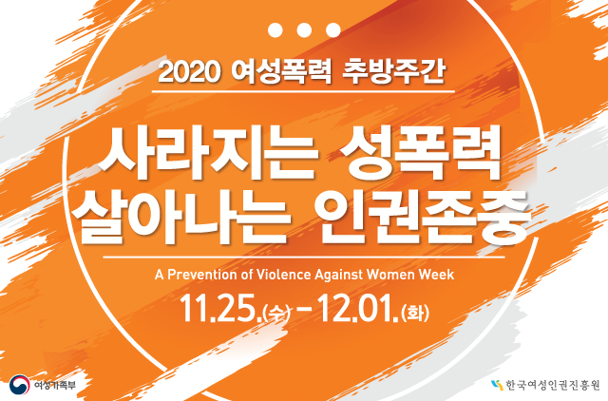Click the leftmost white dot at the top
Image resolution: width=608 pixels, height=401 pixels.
click(275, 29)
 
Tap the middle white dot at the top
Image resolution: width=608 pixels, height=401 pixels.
click(304, 29)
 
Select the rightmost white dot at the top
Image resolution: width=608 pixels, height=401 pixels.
click(333, 29)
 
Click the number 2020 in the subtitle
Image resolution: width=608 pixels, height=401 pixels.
click(189, 72)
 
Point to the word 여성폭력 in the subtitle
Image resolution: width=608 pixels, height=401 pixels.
click(281, 72)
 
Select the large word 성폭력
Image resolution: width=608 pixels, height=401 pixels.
click(421, 154)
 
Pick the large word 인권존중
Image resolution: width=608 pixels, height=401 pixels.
click(424, 217)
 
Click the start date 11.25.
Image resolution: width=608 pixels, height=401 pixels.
click(220, 310)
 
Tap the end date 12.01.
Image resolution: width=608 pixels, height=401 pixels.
click(358, 310)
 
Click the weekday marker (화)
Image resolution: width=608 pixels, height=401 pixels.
click(416, 313)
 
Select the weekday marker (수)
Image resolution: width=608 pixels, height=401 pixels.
click(276, 313)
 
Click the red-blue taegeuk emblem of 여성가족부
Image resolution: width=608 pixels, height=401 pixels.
click(19, 385)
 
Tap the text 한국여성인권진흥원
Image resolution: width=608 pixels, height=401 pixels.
click(553, 386)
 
